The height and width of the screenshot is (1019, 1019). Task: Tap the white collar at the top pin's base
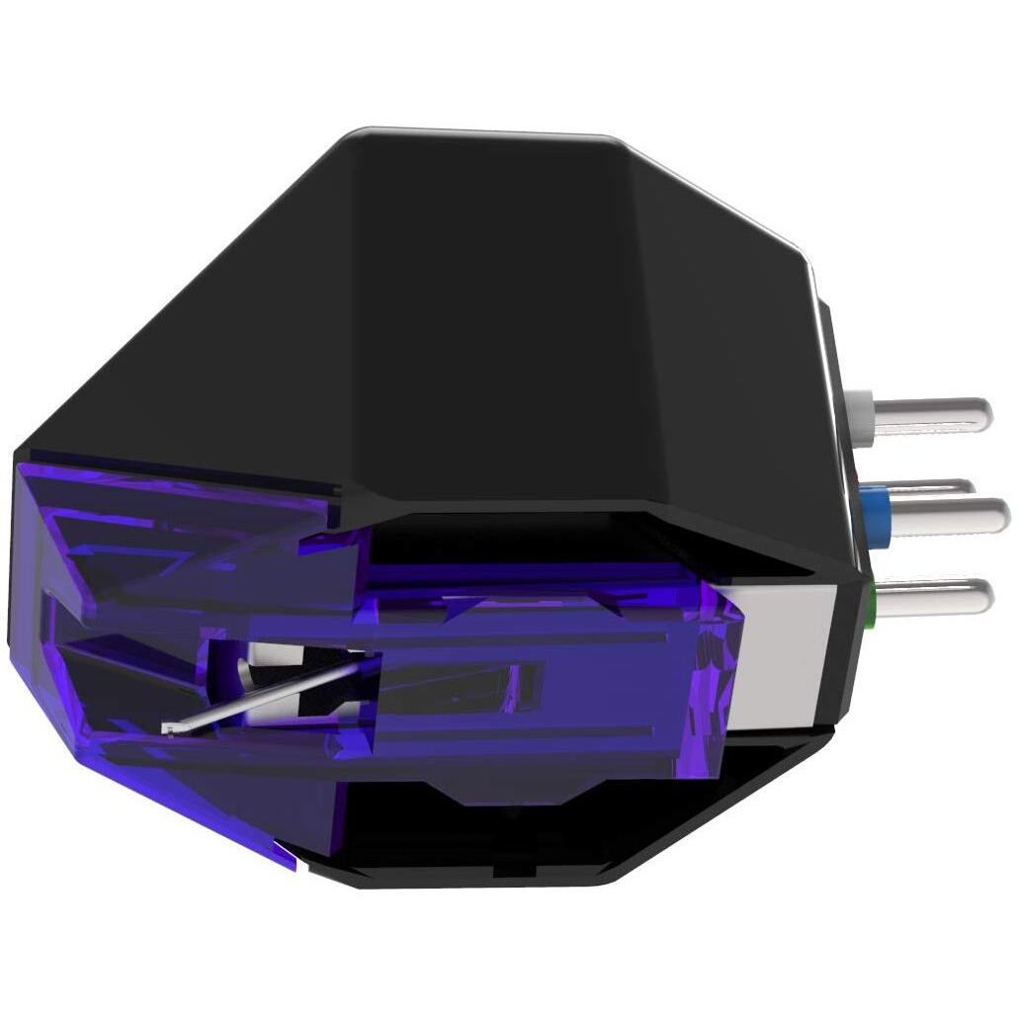859,406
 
